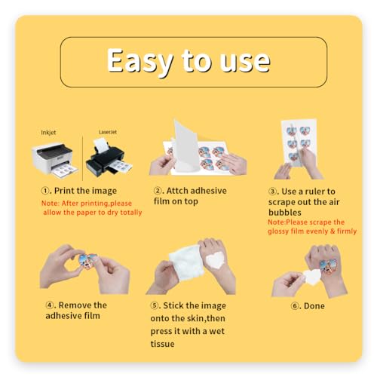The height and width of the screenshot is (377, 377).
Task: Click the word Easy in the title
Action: click(139, 61)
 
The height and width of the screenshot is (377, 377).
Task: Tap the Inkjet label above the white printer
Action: click(48, 133)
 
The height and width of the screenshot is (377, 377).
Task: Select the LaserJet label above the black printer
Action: click(108, 132)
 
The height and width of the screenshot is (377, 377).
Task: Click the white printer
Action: click(54, 161)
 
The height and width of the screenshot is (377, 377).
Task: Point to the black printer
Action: click(109, 158)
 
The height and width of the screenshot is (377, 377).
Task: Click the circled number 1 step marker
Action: click(45, 191)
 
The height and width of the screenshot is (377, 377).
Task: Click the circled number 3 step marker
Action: click(272, 192)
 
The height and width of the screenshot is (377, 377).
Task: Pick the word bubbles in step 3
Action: click(285, 213)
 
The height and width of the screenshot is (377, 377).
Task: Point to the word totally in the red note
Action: click(131, 213)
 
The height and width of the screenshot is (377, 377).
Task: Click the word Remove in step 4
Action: click(75, 305)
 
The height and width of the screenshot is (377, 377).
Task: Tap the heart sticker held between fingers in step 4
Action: click(87, 262)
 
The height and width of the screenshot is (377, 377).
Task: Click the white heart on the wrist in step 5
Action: click(216, 260)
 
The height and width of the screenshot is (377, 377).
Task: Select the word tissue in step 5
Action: click(162, 344)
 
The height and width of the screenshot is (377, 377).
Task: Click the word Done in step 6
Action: click(314, 306)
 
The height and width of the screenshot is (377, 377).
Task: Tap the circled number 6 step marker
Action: click(295, 306)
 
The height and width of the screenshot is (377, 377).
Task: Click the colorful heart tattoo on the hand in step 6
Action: click(328, 266)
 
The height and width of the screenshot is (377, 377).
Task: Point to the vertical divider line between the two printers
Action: click(82, 158)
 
